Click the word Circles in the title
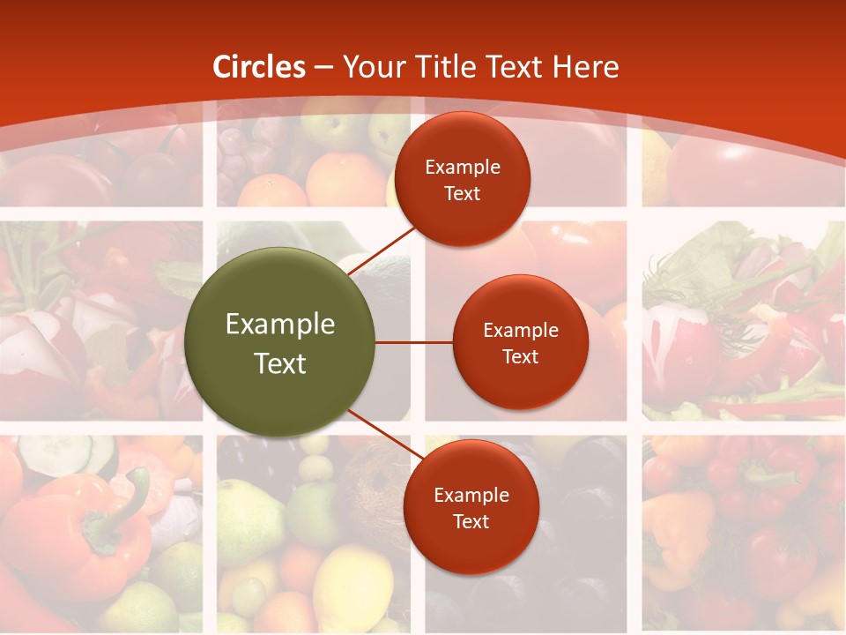pos(259,67)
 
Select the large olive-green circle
pos(280,342)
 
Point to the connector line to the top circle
pos(382,249)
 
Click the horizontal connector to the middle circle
pos(414,342)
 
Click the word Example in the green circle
pos(280,325)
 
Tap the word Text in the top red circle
pos(462,193)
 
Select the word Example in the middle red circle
pos(521,330)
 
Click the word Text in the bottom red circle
pos(471,521)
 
